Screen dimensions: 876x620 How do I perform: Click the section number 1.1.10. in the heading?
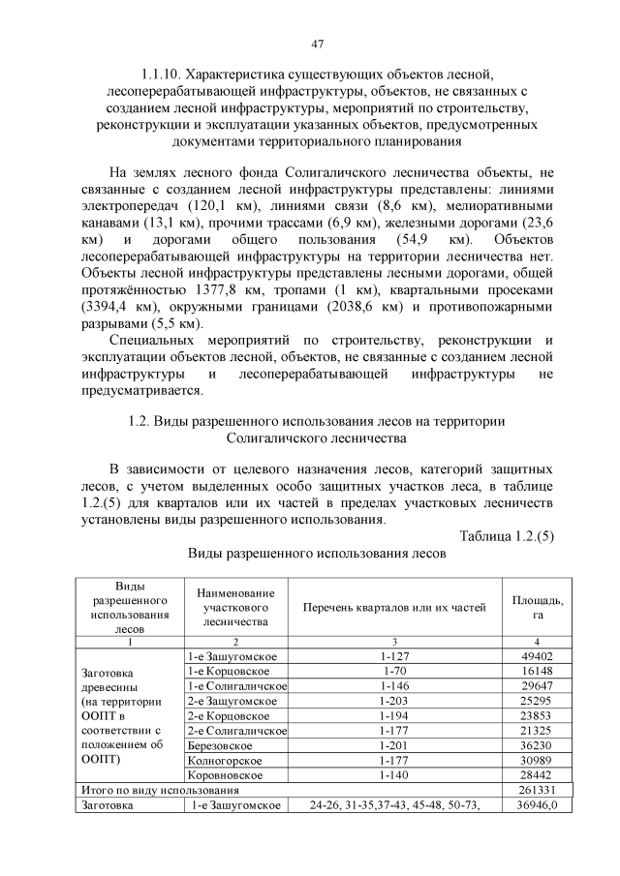(x=160, y=74)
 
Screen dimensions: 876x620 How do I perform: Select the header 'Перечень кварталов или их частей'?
(x=393, y=607)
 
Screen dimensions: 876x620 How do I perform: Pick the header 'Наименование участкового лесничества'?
(x=235, y=607)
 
